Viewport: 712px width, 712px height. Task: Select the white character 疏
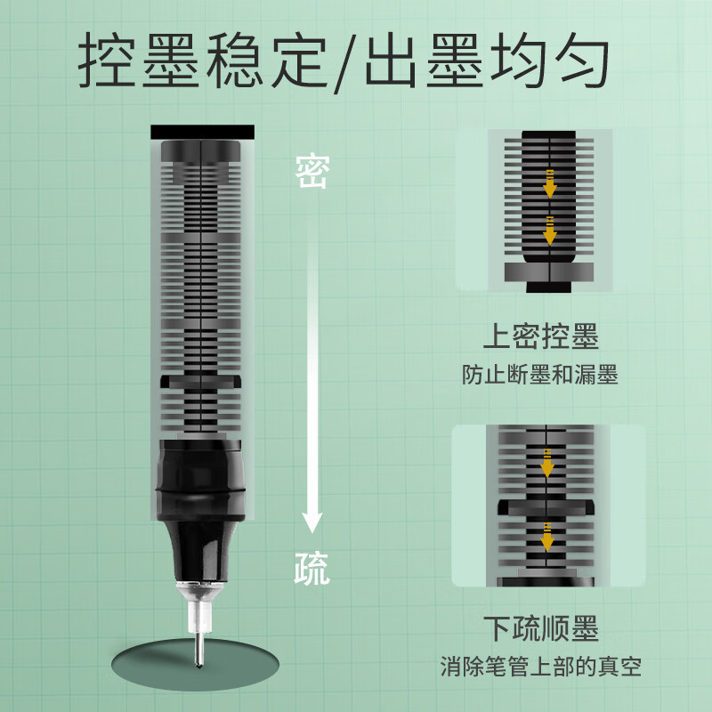(311, 566)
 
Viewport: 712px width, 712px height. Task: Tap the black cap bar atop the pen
(203, 132)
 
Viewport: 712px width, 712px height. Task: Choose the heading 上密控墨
(540, 337)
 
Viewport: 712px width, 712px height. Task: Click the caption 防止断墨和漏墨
(540, 375)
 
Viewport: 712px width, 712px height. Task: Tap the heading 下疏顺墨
(540, 628)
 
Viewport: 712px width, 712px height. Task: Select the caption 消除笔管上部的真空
(540, 665)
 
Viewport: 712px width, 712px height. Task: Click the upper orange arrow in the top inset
(549, 182)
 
